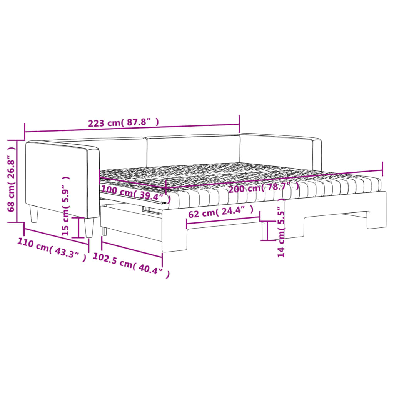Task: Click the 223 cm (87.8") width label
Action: tap(124, 123)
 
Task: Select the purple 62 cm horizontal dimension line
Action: tap(223, 219)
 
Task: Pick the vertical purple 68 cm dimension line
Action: tap(17, 181)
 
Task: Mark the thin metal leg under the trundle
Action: tap(104, 230)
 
